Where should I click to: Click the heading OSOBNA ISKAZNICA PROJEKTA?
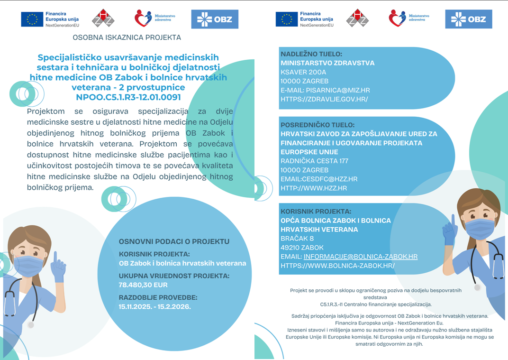(x=127, y=37)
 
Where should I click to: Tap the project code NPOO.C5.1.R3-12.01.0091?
(x=128, y=97)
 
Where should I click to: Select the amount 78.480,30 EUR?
(x=143, y=285)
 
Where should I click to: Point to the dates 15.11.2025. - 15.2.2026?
(x=154, y=306)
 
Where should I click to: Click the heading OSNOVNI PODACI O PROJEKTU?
(x=174, y=241)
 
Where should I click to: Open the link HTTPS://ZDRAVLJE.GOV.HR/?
(x=324, y=99)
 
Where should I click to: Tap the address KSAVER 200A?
(x=303, y=72)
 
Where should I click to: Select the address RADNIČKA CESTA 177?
(x=314, y=161)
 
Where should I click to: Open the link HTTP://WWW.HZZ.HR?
(x=314, y=188)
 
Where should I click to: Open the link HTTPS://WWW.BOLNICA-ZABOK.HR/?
(x=337, y=266)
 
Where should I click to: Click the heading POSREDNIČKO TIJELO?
(x=317, y=125)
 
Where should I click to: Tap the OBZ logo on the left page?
(x=215, y=19)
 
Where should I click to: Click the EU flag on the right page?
(x=287, y=19)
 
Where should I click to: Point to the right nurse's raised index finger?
(x=453, y=220)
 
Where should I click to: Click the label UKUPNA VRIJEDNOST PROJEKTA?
(x=174, y=276)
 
